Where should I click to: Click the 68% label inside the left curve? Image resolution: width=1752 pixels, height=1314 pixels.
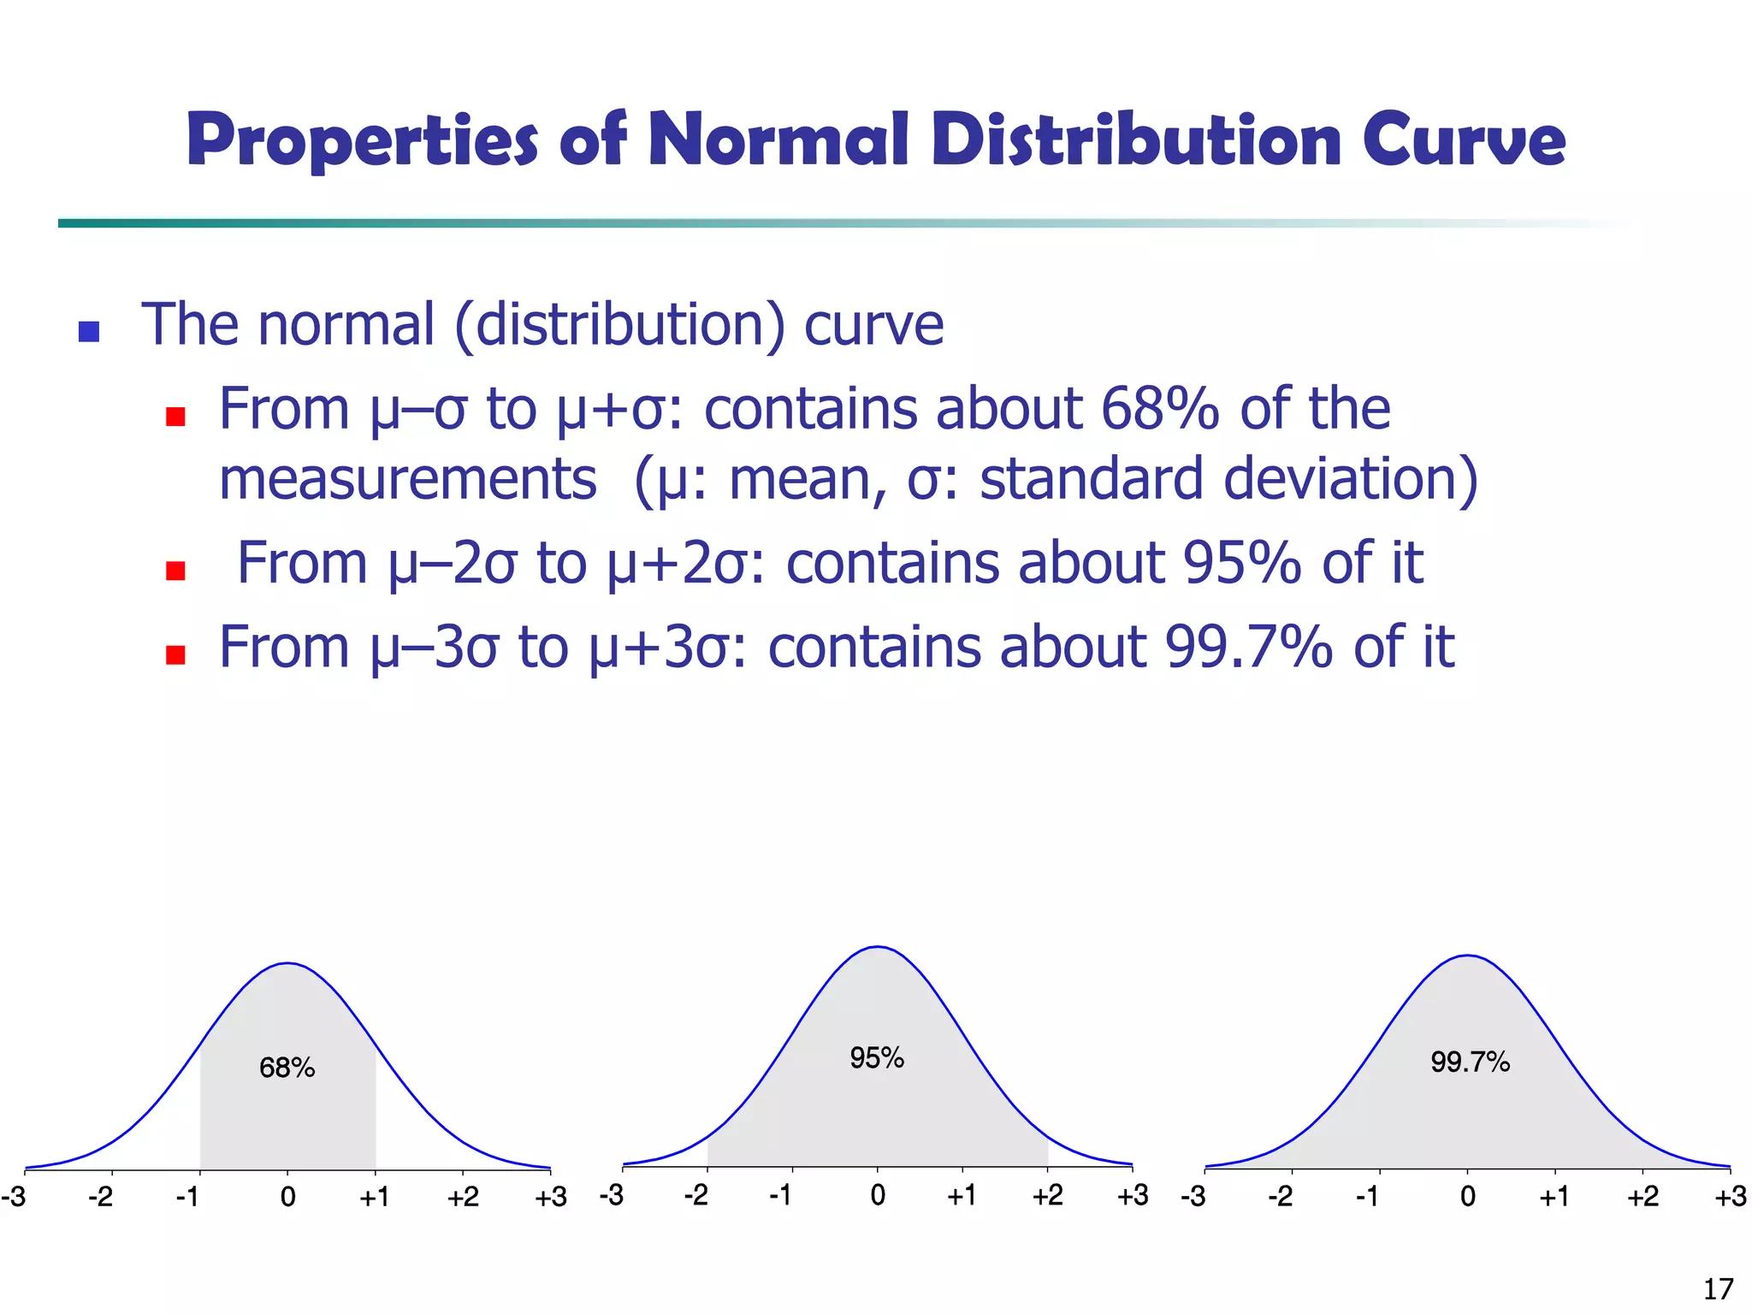[x=287, y=1068]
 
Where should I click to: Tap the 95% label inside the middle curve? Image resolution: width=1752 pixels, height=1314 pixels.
[x=877, y=1058]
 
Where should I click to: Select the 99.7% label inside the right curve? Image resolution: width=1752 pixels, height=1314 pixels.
[x=1470, y=1062]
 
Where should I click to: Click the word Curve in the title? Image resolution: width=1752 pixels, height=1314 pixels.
[x=1464, y=141]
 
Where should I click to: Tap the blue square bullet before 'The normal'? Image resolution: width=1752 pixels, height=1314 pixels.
[x=89, y=331]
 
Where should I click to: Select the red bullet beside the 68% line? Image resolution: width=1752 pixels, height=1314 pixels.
[x=176, y=417]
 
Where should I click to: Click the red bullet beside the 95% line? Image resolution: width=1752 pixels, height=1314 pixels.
[x=176, y=571]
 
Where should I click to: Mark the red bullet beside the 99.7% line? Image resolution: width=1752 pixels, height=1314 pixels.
[x=176, y=654]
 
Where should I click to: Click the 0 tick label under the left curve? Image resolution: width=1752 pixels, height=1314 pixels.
[x=287, y=1197]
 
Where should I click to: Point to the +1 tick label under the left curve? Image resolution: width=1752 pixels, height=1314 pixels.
[x=375, y=1197]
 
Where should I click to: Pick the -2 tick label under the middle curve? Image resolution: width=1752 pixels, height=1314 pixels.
[x=695, y=1195]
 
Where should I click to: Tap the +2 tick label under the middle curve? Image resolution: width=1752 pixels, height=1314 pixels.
[x=1047, y=1195]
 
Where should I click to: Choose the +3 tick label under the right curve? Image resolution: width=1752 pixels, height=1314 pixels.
[x=1730, y=1196]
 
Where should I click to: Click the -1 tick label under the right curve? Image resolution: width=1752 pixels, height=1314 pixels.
[x=1367, y=1196]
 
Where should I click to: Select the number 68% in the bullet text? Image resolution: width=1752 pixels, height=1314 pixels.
[x=1159, y=409]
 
